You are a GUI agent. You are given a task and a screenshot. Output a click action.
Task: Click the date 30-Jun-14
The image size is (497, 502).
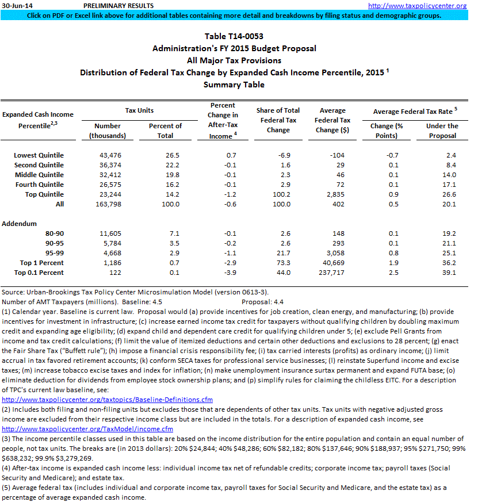(17, 6)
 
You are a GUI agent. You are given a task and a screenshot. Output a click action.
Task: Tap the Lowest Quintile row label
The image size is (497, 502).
(39, 155)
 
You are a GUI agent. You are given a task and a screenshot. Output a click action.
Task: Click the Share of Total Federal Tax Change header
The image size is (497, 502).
(278, 120)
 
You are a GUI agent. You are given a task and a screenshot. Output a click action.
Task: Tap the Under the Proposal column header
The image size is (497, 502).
(442, 131)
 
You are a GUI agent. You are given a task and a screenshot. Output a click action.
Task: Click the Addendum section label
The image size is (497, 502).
(20, 223)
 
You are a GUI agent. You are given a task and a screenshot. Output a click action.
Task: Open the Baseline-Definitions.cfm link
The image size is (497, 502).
(108, 399)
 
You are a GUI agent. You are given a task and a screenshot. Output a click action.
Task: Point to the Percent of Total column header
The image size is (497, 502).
(165, 131)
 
